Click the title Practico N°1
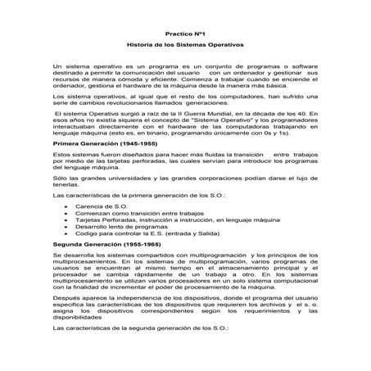point(185,33)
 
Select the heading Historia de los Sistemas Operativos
point(185,45)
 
